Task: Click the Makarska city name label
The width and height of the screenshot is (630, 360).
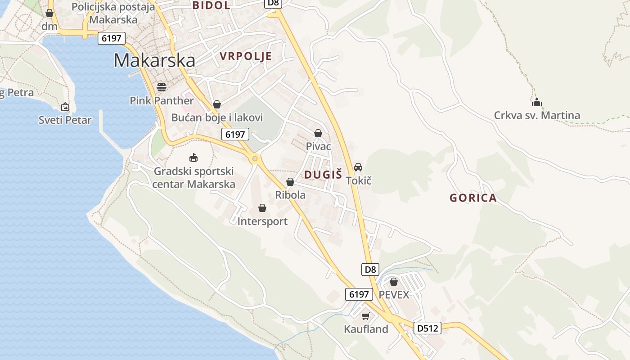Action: pyautogui.click(x=154, y=60)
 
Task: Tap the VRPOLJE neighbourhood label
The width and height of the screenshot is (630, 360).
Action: pyautogui.click(x=246, y=56)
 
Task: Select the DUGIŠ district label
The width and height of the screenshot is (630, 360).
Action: pyautogui.click(x=323, y=175)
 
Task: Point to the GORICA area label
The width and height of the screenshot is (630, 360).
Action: pyautogui.click(x=473, y=198)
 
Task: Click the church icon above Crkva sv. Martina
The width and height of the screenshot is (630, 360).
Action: pyautogui.click(x=536, y=103)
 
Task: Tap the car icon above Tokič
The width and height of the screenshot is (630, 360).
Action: pyautogui.click(x=358, y=167)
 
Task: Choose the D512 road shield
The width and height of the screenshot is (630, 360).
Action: pyautogui.click(x=427, y=328)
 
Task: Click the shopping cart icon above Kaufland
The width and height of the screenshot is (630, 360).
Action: pyautogui.click(x=365, y=316)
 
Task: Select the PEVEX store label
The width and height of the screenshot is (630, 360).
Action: pyautogui.click(x=394, y=295)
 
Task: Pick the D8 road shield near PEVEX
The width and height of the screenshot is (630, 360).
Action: pyautogui.click(x=370, y=270)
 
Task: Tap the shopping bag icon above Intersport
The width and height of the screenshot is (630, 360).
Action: pyautogui.click(x=262, y=208)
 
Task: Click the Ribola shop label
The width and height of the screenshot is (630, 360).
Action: pyautogui.click(x=290, y=195)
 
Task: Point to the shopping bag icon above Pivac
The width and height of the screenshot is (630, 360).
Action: pyautogui.click(x=318, y=133)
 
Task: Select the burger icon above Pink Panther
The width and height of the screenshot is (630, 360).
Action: pyautogui.click(x=162, y=87)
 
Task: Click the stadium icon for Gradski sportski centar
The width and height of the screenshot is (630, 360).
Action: pyautogui.click(x=193, y=157)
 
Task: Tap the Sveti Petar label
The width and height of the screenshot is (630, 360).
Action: pyautogui.click(x=65, y=120)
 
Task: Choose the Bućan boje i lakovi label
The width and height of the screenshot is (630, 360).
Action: pyautogui.click(x=217, y=117)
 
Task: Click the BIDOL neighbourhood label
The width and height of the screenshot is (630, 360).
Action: pyautogui.click(x=211, y=5)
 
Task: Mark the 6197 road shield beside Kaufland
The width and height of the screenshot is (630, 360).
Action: pyautogui.click(x=359, y=294)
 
